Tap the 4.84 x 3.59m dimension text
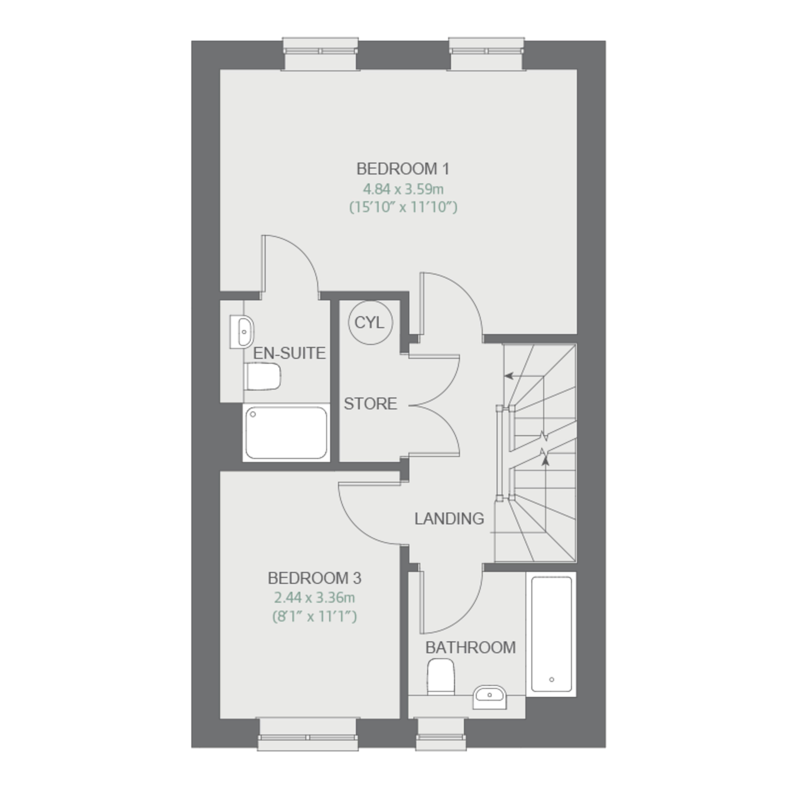(x=403, y=189)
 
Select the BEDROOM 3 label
(x=314, y=578)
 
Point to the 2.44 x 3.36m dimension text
(x=314, y=598)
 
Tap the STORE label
(x=370, y=404)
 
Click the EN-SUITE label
(x=289, y=353)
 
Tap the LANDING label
(x=449, y=519)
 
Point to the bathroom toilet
(x=441, y=677)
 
